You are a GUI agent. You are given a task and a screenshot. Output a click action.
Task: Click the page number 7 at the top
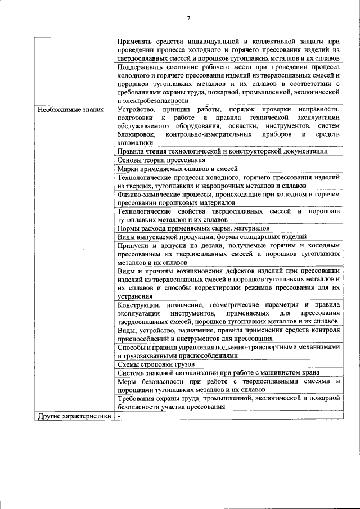click(x=188, y=19)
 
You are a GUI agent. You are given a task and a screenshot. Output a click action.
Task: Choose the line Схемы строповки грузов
click(x=148, y=364)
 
